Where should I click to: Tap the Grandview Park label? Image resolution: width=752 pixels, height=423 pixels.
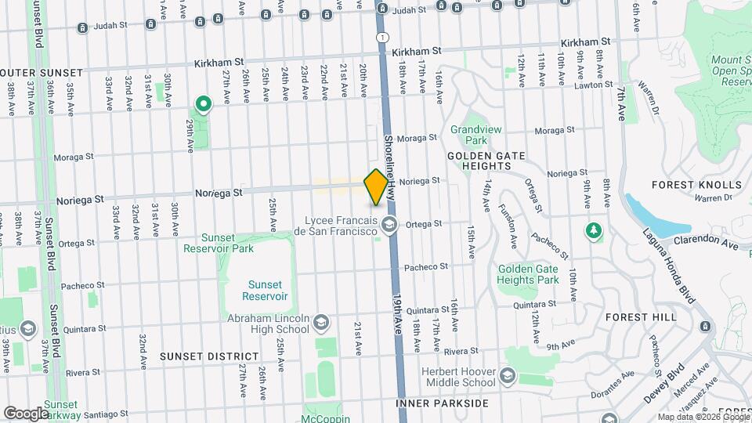[x=469, y=135]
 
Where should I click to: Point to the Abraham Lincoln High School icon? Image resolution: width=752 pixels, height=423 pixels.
[x=320, y=323]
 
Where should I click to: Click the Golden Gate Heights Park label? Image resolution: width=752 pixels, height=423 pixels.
[x=528, y=274]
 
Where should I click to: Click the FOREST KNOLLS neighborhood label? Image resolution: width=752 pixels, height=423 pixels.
[x=696, y=185]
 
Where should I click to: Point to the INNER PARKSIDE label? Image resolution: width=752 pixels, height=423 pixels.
[x=442, y=403]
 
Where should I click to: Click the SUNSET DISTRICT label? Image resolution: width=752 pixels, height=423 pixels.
[x=198, y=356]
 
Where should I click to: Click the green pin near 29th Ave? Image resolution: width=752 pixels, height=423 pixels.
[x=203, y=104]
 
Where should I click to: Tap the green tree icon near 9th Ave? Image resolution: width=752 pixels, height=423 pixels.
[x=594, y=230]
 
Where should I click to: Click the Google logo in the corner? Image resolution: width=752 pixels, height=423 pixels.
[x=26, y=413]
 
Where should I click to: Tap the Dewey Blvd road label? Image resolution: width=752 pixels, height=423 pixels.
[x=674, y=381]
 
